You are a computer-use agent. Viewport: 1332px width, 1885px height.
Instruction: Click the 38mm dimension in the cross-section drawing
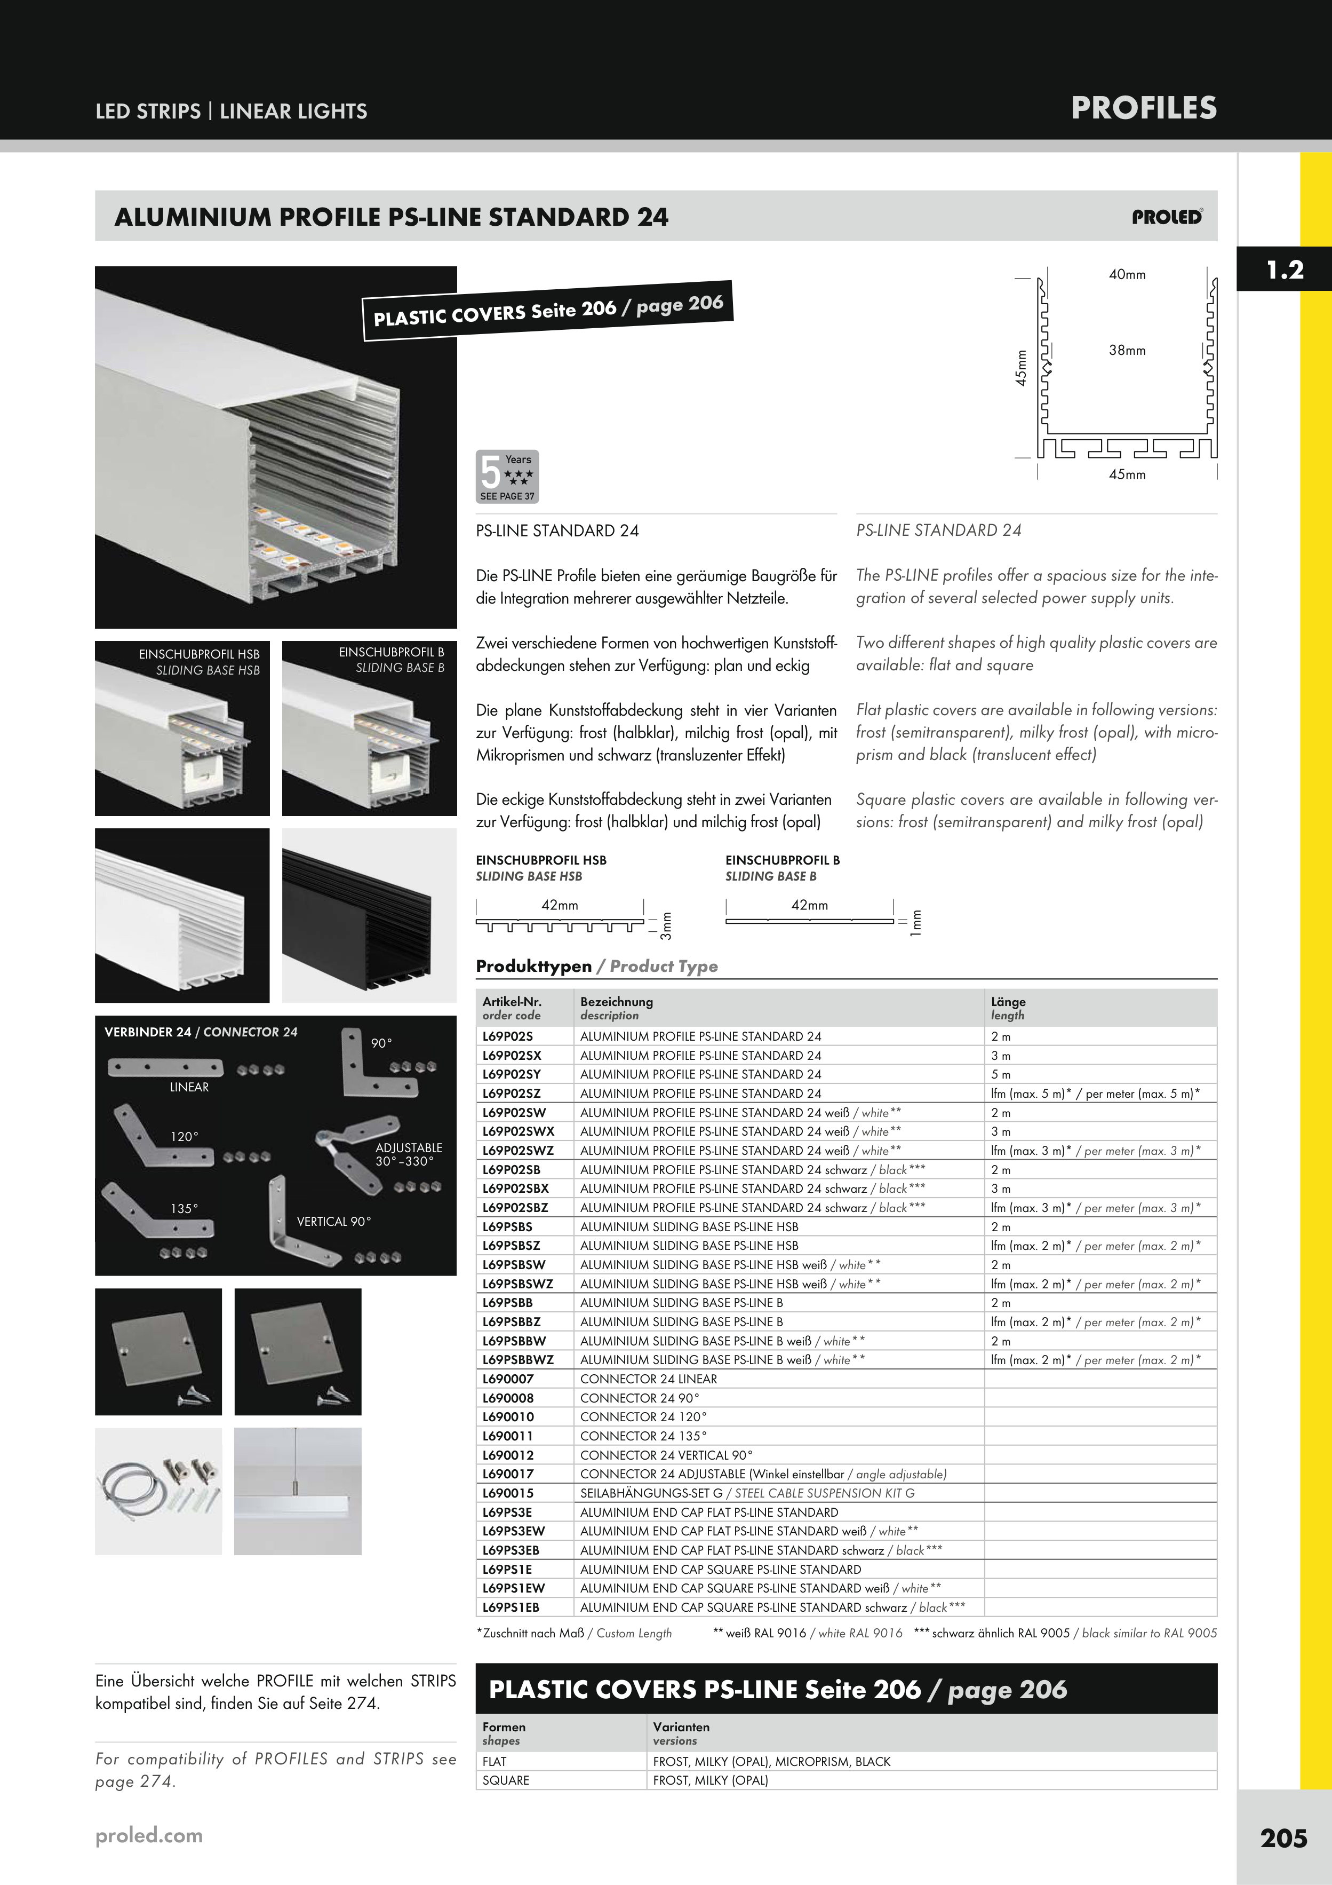pos(1127,351)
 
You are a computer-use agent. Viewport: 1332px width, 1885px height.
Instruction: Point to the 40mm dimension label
pos(1127,275)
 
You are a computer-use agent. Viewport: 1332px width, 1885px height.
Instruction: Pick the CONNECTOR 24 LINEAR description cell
pos(648,1379)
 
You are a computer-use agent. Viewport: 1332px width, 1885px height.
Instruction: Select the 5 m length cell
pos(1000,1075)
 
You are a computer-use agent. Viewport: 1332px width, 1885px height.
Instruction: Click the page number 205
pos(1283,1838)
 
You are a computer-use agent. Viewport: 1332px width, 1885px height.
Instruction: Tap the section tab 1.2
pos(1285,270)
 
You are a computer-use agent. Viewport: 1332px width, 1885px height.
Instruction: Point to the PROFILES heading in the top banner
pos(1143,108)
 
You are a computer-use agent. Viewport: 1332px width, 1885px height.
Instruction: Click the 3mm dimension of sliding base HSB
pos(666,926)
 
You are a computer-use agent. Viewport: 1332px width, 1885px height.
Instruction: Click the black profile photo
pos(369,915)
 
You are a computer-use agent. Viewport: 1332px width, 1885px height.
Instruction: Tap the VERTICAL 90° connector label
pos(333,1222)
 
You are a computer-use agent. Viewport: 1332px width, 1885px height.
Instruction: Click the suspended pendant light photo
pos(297,1491)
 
